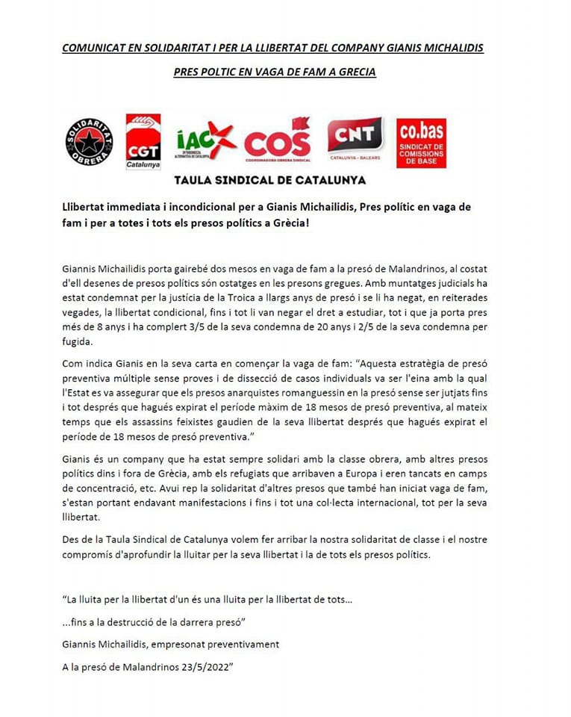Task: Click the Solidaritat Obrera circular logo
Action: tap(90, 141)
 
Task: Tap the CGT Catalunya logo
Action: tap(143, 141)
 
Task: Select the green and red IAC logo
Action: tap(206, 141)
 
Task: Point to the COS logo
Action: tap(277, 140)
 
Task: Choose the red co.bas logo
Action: tap(422, 142)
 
